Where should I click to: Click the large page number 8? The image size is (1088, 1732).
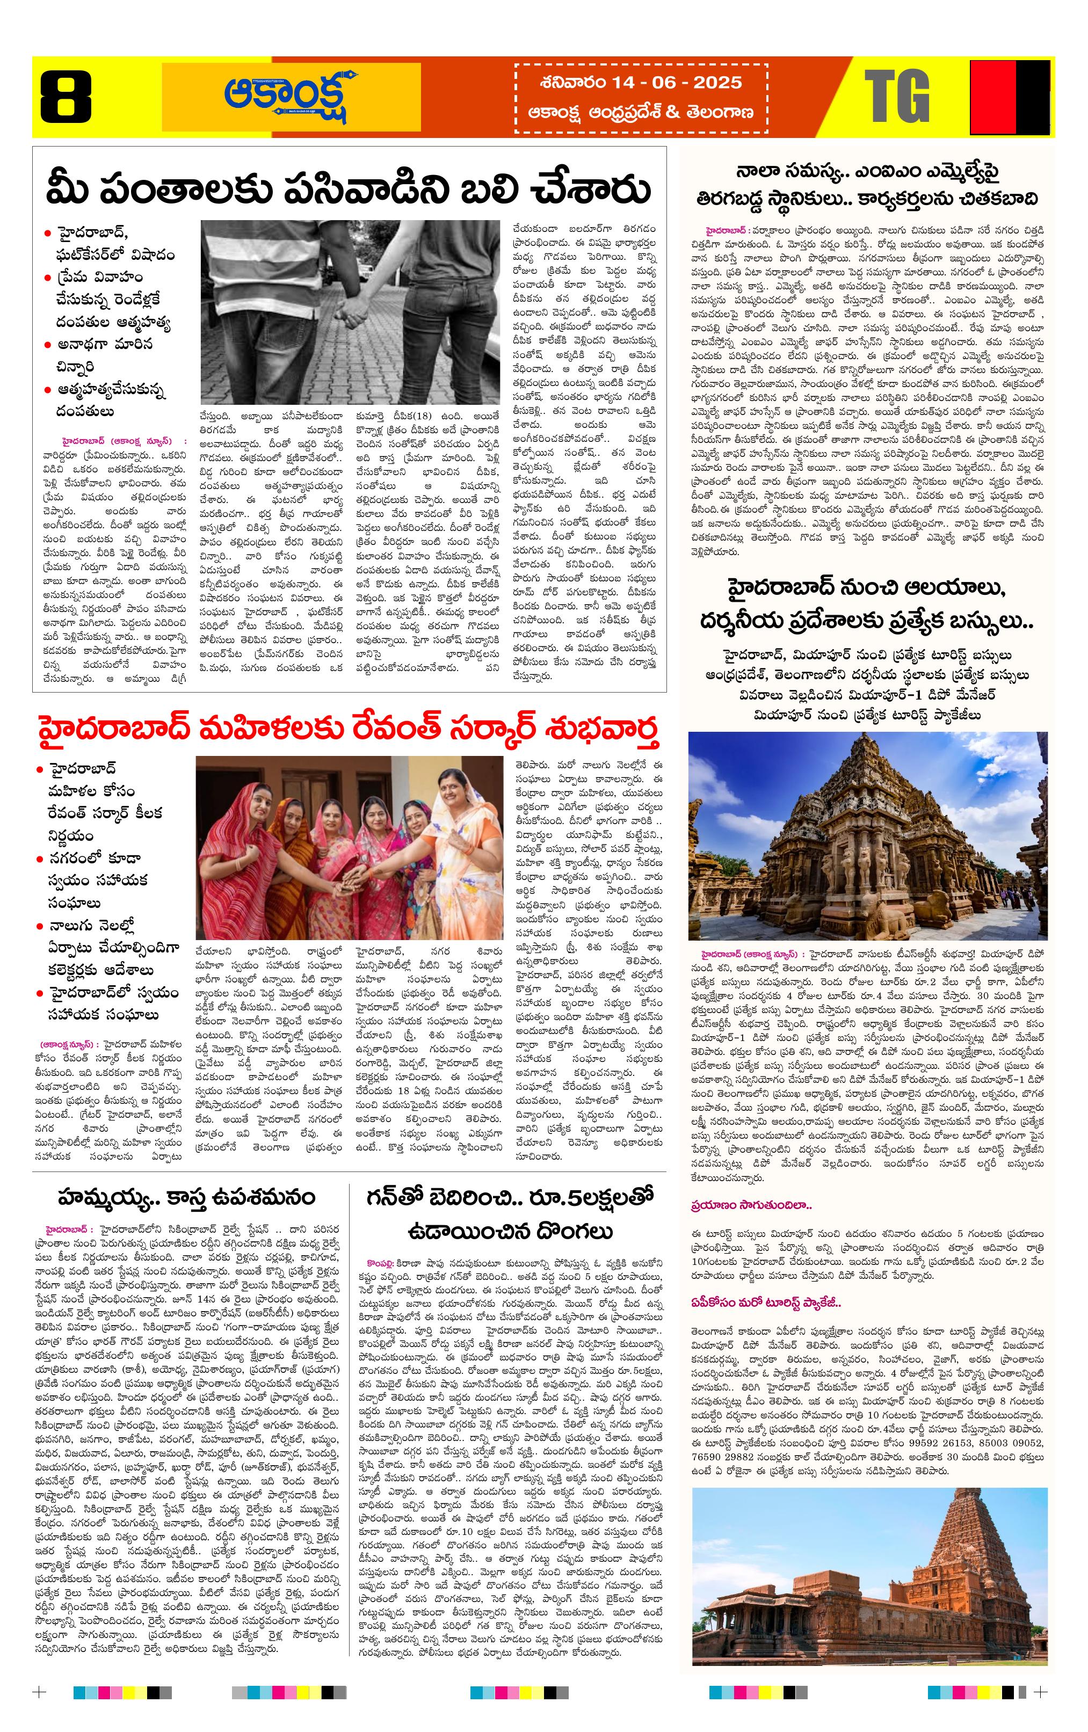(x=66, y=97)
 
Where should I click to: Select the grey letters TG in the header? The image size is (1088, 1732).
(x=897, y=97)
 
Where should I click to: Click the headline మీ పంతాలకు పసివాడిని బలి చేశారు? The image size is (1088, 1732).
(x=349, y=189)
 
